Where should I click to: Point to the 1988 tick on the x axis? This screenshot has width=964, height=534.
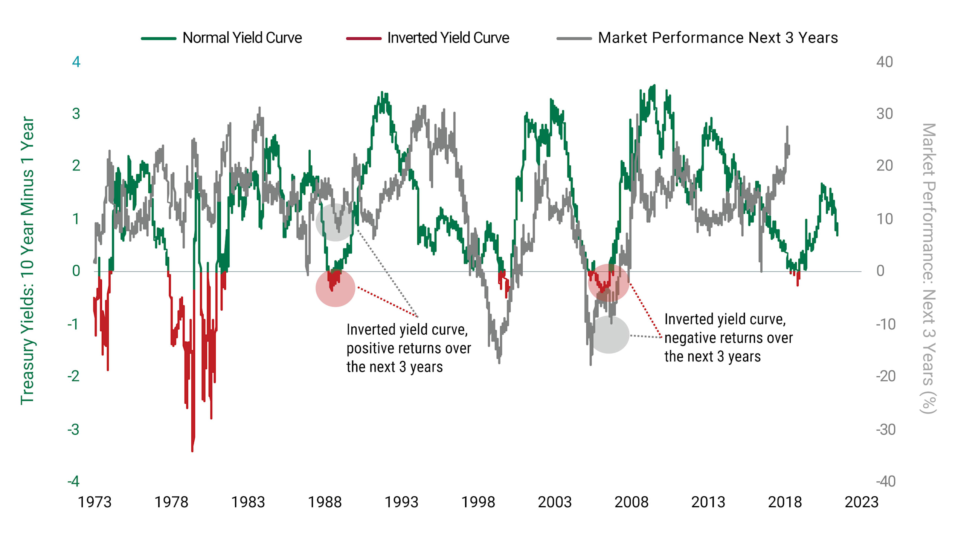(325, 502)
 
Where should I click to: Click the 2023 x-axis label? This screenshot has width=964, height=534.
(861, 502)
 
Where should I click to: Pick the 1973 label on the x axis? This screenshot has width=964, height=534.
(95, 502)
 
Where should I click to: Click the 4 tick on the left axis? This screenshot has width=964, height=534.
(76, 62)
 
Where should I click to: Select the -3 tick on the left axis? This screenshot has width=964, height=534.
(74, 429)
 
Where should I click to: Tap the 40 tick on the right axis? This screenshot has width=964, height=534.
(884, 62)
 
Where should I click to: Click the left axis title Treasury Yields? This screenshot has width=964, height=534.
(27, 260)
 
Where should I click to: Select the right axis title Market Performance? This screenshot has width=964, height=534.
(928, 268)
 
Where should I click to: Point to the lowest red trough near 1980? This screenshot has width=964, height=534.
(192, 450)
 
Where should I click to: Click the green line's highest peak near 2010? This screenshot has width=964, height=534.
(654, 86)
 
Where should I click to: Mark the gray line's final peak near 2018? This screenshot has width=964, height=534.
(787, 127)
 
